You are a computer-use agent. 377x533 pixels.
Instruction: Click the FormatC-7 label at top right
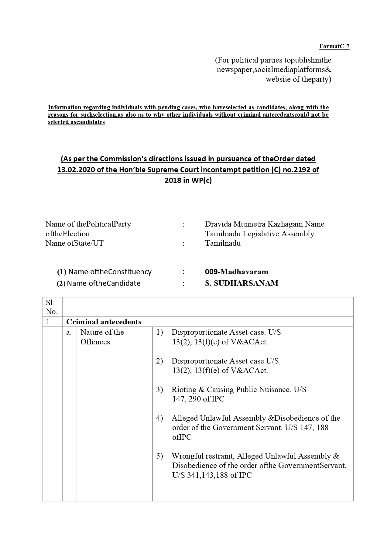[334, 46]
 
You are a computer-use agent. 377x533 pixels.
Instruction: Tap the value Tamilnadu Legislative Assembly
[259, 234]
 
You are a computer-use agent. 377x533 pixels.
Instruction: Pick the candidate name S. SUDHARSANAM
[242, 283]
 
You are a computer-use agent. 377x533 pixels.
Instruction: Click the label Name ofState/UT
[74, 243]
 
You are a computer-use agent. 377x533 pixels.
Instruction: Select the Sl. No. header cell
[52, 307]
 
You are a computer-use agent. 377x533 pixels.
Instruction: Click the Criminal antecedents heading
[104, 322]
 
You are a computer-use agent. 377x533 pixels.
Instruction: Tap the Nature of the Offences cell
[102, 337]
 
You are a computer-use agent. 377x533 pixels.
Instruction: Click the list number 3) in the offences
[159, 390]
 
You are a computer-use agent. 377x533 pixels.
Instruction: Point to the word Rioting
[184, 390]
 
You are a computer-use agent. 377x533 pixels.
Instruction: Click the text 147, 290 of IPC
[198, 399]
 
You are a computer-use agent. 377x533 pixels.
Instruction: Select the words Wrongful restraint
[203, 456]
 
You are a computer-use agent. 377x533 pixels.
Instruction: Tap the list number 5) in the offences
[159, 456]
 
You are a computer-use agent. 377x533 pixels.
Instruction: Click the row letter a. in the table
[69, 333]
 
